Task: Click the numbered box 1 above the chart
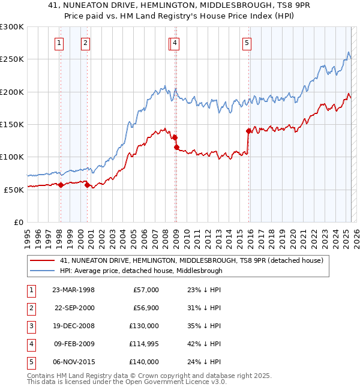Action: (60, 43)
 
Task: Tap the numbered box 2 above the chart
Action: (86, 43)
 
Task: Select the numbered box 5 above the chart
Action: (247, 43)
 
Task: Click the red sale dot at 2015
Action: (248, 130)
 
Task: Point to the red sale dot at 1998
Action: (61, 185)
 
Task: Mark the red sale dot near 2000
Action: (88, 185)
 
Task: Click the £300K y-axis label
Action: (12, 27)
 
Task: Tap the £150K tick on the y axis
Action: (12, 124)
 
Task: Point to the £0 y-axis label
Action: (17, 222)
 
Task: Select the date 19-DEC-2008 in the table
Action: (73, 326)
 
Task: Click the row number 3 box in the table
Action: (31, 326)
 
